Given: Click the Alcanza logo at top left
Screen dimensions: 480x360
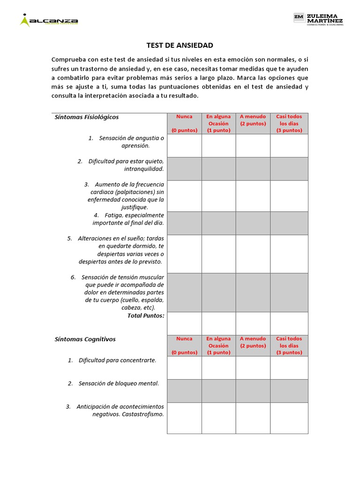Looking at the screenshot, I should pos(49,21).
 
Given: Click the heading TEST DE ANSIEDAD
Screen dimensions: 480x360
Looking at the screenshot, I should pos(180,45).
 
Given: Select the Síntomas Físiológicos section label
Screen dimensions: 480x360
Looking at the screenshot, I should pos(87,117).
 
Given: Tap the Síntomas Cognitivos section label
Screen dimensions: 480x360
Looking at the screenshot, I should pos(85,339).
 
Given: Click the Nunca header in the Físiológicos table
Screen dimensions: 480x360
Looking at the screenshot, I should pos(184,123).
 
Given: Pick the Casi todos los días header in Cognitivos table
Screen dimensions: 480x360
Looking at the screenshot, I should pos(289,345).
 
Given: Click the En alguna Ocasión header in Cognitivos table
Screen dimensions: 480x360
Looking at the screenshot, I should pos(218,345).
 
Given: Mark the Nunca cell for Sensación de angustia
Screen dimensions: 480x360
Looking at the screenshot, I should pos(184,145).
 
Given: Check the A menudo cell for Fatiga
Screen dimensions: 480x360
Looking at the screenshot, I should pos(253,223).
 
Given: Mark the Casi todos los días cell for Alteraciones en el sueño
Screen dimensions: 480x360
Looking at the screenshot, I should pos(289,254).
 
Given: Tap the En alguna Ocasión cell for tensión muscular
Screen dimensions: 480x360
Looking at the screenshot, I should pos(218,292).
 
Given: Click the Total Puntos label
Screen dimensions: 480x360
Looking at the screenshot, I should pos(146,315).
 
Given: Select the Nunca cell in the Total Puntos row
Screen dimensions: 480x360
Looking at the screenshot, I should pos(184,323).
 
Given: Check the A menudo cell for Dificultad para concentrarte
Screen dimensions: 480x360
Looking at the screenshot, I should pos(253,367).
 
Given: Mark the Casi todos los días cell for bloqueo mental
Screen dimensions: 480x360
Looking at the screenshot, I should pos(289,390).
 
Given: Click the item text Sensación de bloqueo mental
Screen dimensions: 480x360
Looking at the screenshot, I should pos(119,383).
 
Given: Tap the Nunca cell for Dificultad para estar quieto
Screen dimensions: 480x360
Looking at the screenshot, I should pos(184,169).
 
